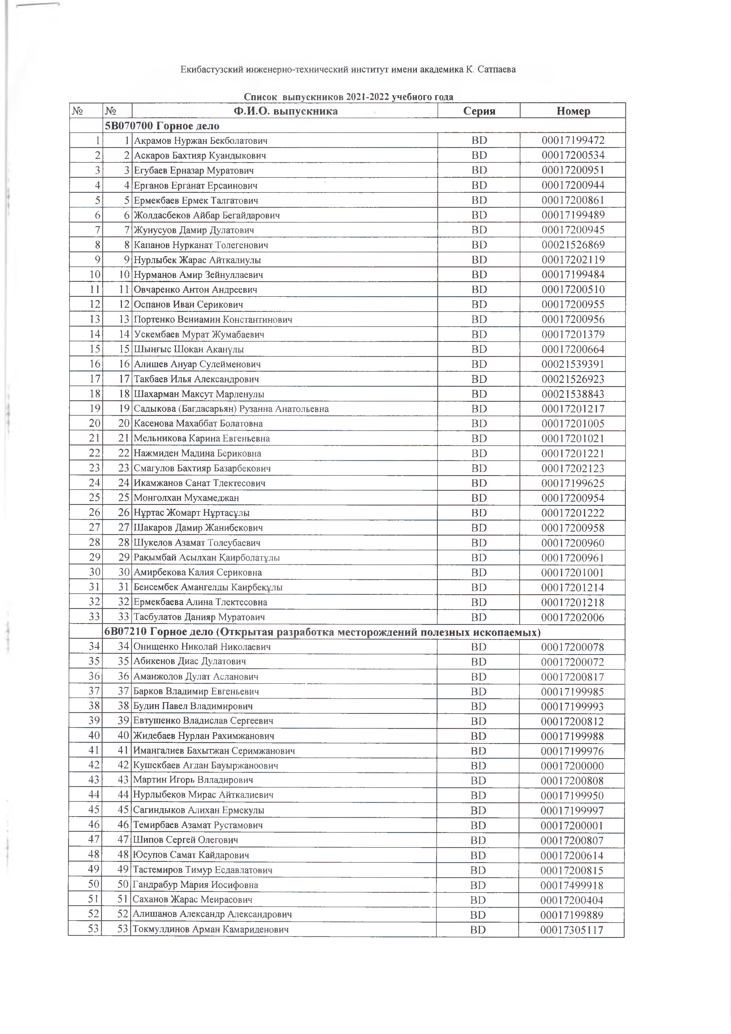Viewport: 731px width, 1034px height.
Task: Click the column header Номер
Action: (573, 111)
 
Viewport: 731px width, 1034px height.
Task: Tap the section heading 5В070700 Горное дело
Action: (162, 126)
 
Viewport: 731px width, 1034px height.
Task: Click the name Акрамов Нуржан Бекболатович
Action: (201, 141)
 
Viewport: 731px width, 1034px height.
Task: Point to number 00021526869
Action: (573, 245)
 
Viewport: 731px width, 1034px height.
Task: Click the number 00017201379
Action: (573, 335)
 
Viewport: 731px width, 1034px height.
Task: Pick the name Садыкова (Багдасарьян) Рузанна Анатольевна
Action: (231, 409)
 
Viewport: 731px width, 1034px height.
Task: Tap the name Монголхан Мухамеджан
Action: (186, 498)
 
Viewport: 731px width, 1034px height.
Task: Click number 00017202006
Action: (573, 618)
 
